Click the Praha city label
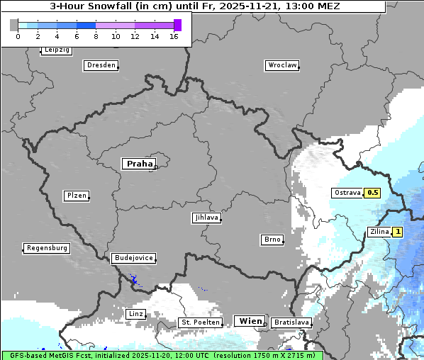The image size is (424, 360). point(139,164)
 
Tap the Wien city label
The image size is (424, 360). point(249,321)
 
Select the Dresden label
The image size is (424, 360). point(101,65)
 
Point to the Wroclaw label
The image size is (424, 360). point(281,65)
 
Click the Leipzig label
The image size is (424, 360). point(57,50)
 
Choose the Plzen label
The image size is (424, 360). point(76,196)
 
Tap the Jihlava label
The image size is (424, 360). point(206,218)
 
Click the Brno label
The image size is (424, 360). point(272,240)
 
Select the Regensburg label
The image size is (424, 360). point(47,248)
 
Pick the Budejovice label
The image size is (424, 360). point(133,258)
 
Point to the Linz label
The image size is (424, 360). point(135,313)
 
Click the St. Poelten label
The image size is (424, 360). point(201,322)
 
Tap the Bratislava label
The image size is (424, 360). point(291,322)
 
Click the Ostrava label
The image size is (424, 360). point(347,193)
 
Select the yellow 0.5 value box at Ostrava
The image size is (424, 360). point(372,193)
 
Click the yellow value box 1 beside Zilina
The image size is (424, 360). point(398,232)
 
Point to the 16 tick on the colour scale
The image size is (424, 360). point(174,36)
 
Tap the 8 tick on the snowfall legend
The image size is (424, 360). point(96,36)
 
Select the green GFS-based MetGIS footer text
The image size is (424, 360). point(162,355)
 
